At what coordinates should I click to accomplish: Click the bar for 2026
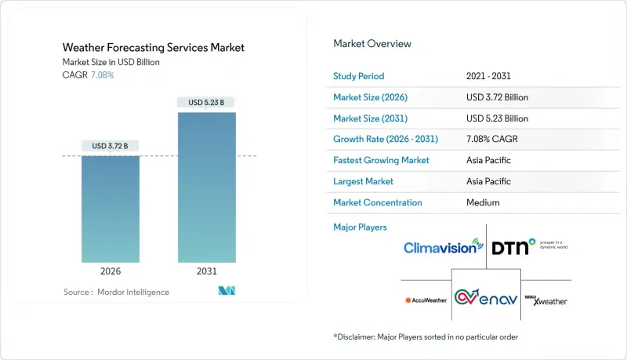coord(110,209)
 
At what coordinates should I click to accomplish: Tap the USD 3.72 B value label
coord(110,146)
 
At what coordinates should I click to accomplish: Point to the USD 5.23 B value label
coord(206,103)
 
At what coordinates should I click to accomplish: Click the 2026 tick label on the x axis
coord(110,271)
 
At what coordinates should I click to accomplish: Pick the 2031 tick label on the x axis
coord(206,271)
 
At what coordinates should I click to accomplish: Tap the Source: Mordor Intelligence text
coord(116,292)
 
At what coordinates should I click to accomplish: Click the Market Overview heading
coord(372,44)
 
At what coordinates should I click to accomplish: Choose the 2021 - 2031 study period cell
coord(494,77)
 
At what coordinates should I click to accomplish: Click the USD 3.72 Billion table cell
coord(497,98)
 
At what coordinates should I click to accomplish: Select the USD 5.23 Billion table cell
coord(497,118)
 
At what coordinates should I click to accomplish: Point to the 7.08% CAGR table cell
coord(491,140)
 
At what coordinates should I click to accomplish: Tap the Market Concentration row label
coord(378,202)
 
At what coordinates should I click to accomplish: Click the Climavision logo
coord(443,248)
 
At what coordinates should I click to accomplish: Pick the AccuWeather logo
coord(425,300)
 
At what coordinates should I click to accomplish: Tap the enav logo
coord(487,299)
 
